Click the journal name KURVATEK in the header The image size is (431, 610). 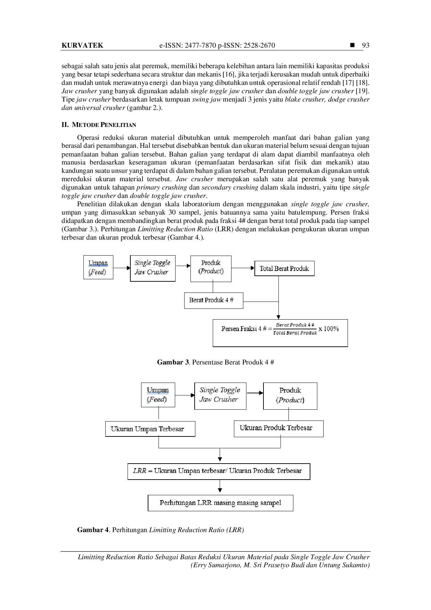point(82,45)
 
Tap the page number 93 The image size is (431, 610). point(366,45)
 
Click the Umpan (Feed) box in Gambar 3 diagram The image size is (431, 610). point(98,267)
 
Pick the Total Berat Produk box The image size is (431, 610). point(284,268)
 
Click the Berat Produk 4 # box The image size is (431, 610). point(213,300)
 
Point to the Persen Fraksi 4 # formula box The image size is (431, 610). point(280,333)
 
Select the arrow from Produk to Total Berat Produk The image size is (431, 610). point(243,268)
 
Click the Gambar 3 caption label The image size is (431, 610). point(173,362)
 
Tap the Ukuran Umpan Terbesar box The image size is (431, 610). point(150,429)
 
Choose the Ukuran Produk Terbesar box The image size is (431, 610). point(279,428)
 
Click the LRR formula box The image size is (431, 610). point(219,471)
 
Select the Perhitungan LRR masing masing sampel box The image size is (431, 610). point(220,503)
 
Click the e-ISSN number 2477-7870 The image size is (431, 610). point(201,45)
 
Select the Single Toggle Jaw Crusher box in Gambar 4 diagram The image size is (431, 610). point(220,396)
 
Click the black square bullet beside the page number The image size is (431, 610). point(353,45)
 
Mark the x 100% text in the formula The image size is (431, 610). point(328,329)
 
